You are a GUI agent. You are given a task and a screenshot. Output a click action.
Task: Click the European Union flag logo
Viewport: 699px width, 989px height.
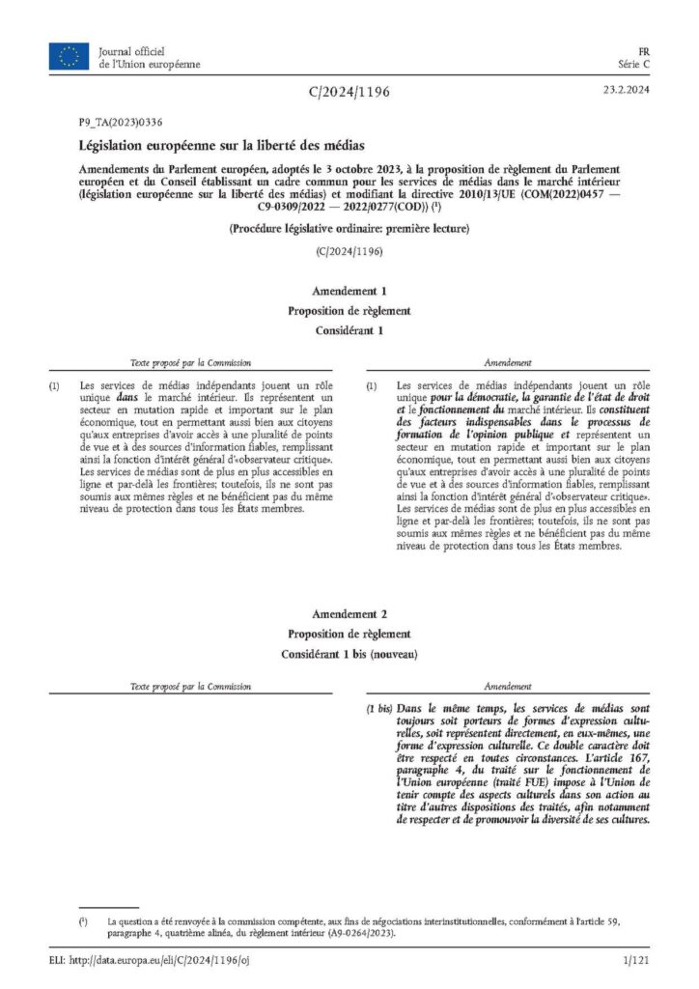(70, 56)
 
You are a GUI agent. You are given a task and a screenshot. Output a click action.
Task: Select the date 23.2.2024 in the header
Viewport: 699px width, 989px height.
(626, 90)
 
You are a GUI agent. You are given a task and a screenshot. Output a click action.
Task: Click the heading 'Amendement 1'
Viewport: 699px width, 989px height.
(349, 292)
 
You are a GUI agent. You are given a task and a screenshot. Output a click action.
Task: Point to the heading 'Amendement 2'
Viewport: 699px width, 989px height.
(349, 614)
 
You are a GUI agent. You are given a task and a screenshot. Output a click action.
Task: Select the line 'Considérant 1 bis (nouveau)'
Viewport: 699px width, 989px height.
(349, 652)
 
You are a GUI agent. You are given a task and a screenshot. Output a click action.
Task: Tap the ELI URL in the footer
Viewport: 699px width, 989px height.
(150, 962)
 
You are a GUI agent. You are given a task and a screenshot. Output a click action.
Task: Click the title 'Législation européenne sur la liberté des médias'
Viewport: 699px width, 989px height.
(222, 146)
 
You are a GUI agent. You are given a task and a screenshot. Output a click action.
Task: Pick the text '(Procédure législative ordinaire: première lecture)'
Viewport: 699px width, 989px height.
(349, 228)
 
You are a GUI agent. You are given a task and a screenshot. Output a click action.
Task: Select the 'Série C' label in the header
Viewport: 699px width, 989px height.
(632, 63)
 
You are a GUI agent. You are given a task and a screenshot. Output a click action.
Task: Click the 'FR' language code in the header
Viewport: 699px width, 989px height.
(643, 49)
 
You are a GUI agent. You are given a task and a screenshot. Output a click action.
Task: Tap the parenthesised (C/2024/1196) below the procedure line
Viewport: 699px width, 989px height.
(349, 251)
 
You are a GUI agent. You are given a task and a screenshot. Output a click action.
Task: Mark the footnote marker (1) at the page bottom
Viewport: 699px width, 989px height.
(84, 921)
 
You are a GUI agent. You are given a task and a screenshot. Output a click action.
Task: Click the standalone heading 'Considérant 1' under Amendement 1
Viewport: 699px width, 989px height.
(349, 329)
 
